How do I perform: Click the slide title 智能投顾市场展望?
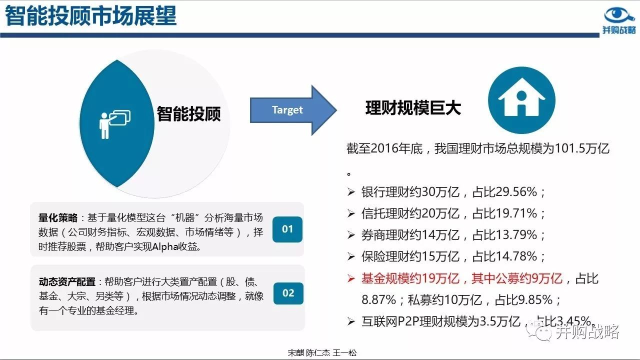(x=91, y=16)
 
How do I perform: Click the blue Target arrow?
(x=293, y=110)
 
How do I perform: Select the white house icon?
(x=521, y=97)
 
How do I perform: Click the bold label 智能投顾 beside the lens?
(x=188, y=113)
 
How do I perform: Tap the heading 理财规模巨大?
(x=413, y=108)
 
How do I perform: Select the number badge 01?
(x=287, y=229)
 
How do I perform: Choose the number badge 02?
(x=288, y=293)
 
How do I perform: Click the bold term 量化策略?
(x=58, y=217)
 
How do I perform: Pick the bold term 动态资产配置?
(x=67, y=281)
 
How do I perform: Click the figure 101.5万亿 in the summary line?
(x=581, y=148)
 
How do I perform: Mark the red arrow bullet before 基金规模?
(x=351, y=278)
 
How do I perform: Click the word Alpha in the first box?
(x=165, y=246)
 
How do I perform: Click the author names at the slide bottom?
(x=322, y=353)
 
